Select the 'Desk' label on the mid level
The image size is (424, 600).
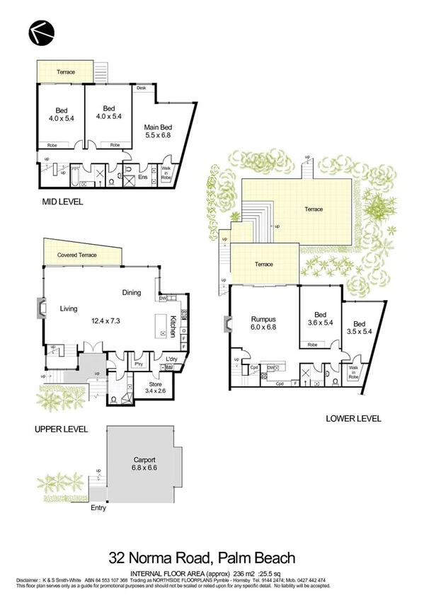pyautogui.click(x=142, y=88)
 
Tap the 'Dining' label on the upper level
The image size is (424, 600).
pyautogui.click(x=131, y=292)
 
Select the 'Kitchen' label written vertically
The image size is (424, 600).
pyautogui.click(x=172, y=326)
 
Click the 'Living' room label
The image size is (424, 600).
pyautogui.click(x=69, y=308)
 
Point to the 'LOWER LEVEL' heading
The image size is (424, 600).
pyautogui.click(x=353, y=419)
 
